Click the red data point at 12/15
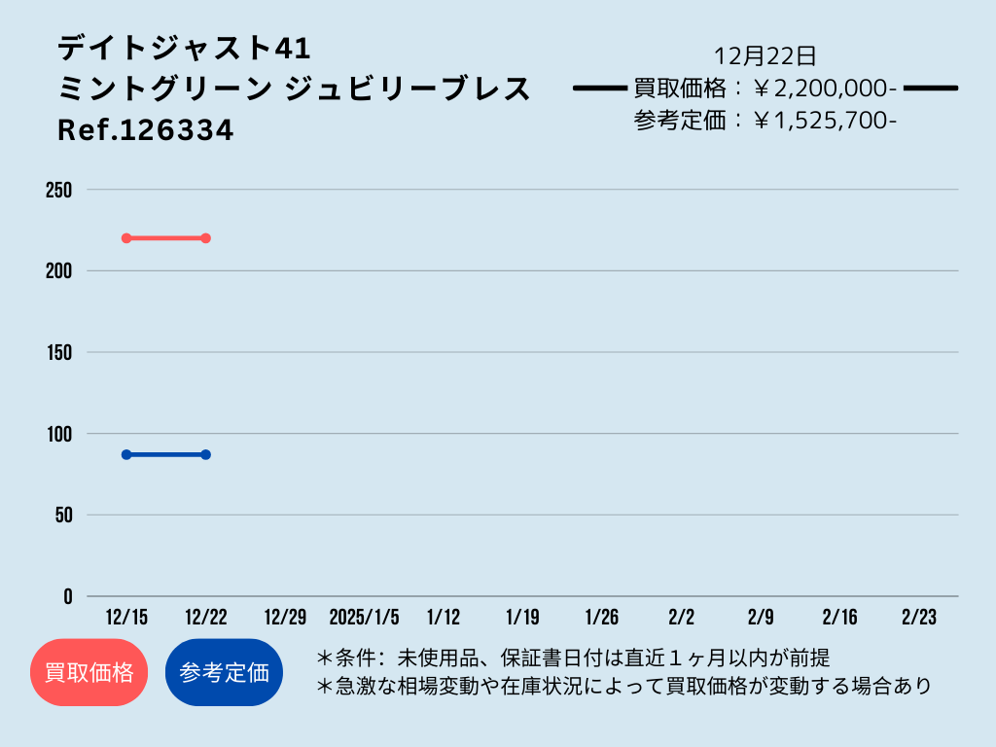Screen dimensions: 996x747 click(126, 238)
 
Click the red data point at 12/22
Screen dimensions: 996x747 click(206, 238)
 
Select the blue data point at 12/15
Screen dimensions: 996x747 click(126, 455)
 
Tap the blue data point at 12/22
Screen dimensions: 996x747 click(206, 455)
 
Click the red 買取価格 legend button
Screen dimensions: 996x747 click(89, 672)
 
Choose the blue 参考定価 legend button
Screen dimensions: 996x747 click(224, 672)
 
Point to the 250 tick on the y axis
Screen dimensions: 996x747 click(59, 190)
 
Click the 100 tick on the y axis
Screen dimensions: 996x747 click(59, 434)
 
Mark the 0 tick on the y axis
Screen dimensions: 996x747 click(68, 596)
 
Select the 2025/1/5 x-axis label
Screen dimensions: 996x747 click(364, 617)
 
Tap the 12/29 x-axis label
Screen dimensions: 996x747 click(285, 617)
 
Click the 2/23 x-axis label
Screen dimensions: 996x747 click(919, 617)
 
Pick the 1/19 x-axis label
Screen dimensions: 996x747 click(522, 617)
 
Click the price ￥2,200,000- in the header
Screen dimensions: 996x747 click(825, 89)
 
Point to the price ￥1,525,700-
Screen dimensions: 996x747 click(825, 120)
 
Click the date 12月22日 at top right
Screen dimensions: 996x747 click(765, 55)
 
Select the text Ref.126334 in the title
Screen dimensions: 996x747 click(146, 130)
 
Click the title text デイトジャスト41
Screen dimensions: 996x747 click(184, 49)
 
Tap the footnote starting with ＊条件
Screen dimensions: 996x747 click(573, 658)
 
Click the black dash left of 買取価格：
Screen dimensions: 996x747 click(599, 89)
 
